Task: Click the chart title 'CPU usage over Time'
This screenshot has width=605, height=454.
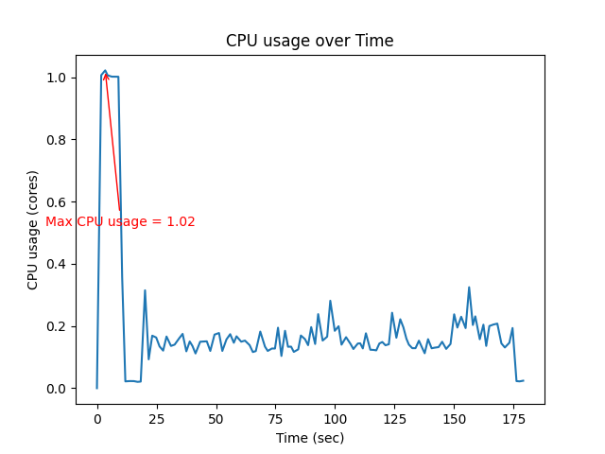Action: coord(309,41)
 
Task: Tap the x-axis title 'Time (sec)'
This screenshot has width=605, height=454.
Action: coord(309,438)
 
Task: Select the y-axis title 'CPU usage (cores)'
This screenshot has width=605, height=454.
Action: coord(33,230)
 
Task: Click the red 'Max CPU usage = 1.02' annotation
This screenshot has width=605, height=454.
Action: coord(120,222)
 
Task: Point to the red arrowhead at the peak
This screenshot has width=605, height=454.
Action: coord(105,76)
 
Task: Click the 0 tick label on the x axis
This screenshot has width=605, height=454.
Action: coord(96,417)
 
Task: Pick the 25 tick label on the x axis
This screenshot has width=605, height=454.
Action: coord(156,417)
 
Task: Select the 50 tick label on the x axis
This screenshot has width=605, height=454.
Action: coord(216,417)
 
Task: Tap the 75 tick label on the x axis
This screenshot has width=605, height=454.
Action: coord(275,417)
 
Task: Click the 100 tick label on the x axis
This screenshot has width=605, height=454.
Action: coord(335,417)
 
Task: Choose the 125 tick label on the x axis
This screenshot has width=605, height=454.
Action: coord(394,417)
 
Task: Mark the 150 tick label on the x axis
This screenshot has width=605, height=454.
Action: coord(454,417)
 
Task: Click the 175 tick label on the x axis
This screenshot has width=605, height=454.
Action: coord(513,417)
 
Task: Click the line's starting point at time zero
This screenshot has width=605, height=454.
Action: coord(96,388)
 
